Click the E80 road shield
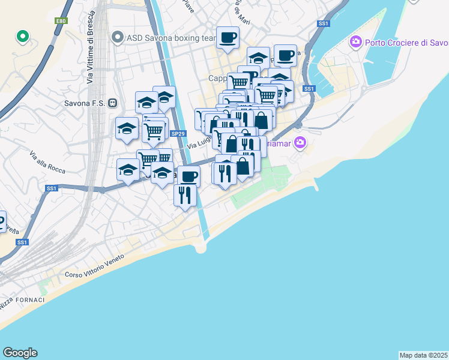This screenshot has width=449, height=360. point(61,21)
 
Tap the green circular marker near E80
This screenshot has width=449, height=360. point(23,37)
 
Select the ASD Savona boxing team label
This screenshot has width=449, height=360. point(170,38)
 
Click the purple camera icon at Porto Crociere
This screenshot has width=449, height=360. point(355,43)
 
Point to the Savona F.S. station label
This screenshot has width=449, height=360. point(84,103)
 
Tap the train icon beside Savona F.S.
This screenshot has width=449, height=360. point(112,103)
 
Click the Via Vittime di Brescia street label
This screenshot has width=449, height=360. point(91,53)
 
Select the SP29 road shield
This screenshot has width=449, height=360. point(177,134)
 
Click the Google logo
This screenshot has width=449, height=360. point(20,353)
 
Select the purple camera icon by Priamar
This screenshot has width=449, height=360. point(301,143)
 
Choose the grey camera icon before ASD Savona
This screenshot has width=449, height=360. point(118,38)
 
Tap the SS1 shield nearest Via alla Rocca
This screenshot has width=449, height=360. point(52,188)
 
